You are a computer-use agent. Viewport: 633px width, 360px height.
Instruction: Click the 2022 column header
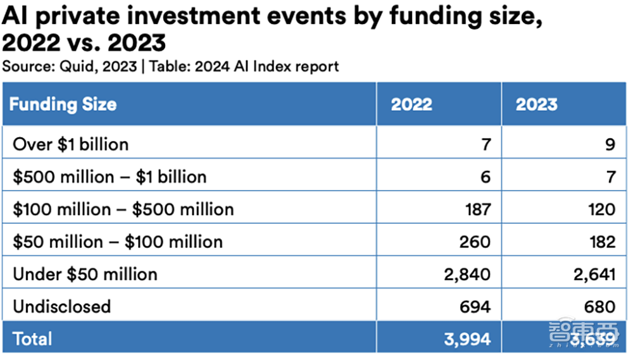[411, 104]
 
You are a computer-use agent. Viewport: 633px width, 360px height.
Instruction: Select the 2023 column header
[536, 104]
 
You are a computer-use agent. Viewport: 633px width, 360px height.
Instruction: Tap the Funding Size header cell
[63, 104]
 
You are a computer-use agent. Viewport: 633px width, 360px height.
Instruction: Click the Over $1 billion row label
[70, 144]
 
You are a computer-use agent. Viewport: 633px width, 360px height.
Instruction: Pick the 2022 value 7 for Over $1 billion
[485, 144]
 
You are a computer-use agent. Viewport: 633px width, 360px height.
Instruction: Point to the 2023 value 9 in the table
[610, 144]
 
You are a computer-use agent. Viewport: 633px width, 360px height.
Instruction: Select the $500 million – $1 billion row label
[110, 177]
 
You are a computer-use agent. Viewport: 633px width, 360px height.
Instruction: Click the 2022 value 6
[485, 177]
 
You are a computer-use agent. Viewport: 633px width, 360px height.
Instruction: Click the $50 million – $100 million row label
[118, 242]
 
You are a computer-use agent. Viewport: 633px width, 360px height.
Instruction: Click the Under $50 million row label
[85, 274]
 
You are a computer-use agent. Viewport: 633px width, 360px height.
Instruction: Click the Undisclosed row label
[61, 307]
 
